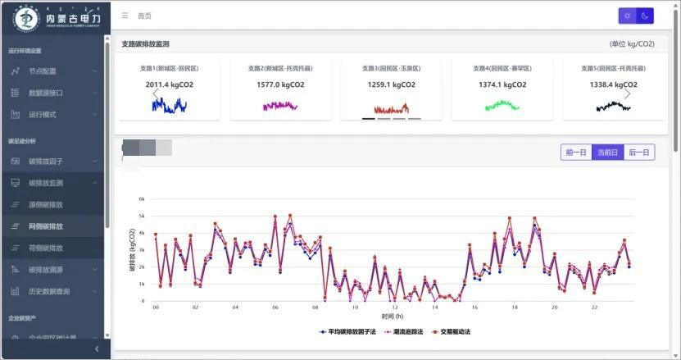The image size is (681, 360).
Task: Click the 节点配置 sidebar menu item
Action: [x=43, y=71]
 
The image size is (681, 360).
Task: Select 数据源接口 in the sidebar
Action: [x=45, y=93]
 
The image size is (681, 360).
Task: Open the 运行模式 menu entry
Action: [x=43, y=115]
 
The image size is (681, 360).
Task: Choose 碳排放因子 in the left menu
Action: [x=45, y=162]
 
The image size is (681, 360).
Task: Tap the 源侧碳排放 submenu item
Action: [x=45, y=204]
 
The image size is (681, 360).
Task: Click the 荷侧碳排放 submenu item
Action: [x=45, y=248]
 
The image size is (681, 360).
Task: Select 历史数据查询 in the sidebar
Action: [x=49, y=291]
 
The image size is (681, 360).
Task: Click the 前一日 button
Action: [x=576, y=153]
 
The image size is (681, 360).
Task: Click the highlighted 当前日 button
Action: [x=607, y=153]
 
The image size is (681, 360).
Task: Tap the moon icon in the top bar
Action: [x=645, y=16]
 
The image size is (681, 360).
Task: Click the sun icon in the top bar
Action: [x=627, y=16]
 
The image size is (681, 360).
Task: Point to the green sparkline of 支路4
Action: [x=502, y=105]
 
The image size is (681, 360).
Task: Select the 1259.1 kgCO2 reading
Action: [x=391, y=84]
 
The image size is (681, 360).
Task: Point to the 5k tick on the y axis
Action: [x=142, y=216]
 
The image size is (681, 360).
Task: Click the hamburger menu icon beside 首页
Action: [x=125, y=16]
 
